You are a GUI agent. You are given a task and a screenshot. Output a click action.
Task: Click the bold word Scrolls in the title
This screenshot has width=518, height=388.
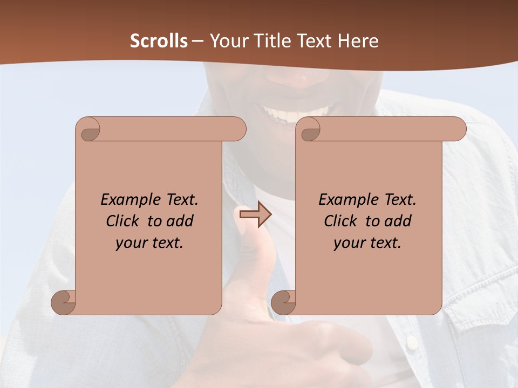pyautogui.click(x=159, y=41)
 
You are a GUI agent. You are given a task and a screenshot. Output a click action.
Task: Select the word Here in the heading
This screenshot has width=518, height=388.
pyautogui.click(x=358, y=41)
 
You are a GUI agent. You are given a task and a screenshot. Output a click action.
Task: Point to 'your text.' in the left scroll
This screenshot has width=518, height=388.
pyautogui.click(x=149, y=242)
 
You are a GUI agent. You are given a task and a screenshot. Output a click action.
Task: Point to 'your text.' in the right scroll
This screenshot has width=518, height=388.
pyautogui.click(x=367, y=242)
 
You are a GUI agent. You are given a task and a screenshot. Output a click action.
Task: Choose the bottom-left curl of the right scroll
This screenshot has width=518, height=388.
pyautogui.click(x=284, y=302)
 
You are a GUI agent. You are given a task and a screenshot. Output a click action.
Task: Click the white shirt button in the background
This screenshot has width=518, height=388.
pyautogui.click(x=411, y=342)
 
